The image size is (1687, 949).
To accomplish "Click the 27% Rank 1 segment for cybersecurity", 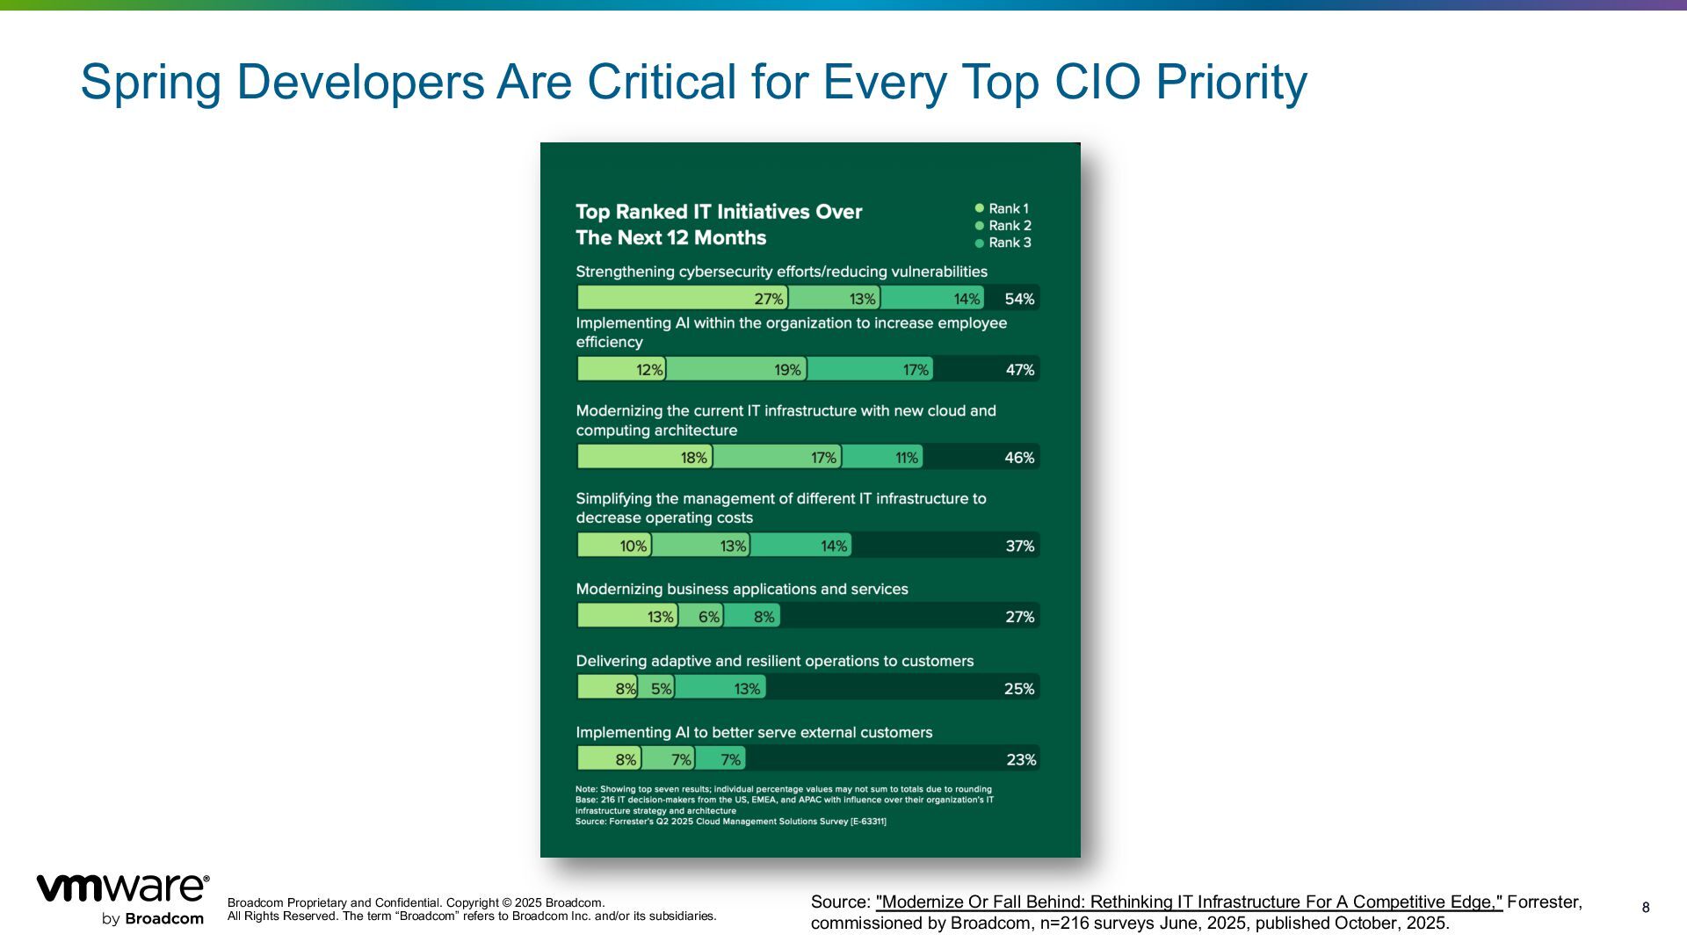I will pos(683,298).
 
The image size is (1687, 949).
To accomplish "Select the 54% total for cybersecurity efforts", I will pos(1019,299).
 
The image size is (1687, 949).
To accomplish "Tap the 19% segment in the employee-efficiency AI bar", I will pos(736,369).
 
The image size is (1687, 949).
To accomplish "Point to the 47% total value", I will pos(1019,370).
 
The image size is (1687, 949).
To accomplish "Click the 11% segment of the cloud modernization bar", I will pos(882,457).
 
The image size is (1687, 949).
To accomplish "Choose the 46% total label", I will pos(1019,458).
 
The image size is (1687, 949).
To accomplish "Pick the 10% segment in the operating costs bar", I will pos(615,546).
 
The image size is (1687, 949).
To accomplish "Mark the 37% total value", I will pos(1019,546).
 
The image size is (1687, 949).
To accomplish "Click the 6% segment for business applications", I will pos(701,616).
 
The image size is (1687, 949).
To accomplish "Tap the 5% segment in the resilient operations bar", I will pos(656,688).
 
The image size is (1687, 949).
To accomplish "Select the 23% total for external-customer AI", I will pos(1020,759).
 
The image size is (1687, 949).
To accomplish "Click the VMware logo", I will pos(122,899).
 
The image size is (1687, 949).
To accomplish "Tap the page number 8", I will pos(1646,908).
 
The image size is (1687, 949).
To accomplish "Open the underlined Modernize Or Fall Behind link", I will pos(1189,902).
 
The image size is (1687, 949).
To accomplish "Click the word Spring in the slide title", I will pos(150,82).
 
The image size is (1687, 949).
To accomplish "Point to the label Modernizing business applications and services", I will pos(742,589).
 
